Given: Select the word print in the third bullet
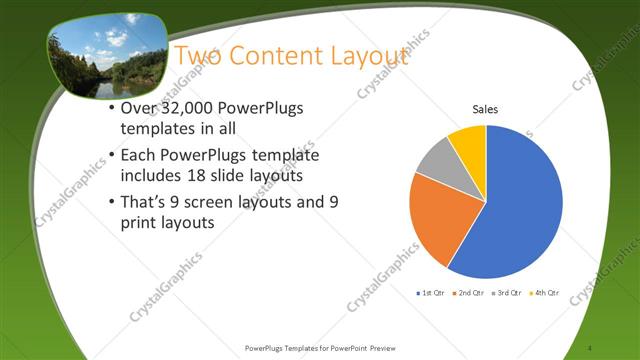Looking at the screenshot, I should [x=137, y=223].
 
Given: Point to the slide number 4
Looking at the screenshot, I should [x=592, y=347].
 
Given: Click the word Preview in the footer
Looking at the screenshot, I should [x=387, y=347].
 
